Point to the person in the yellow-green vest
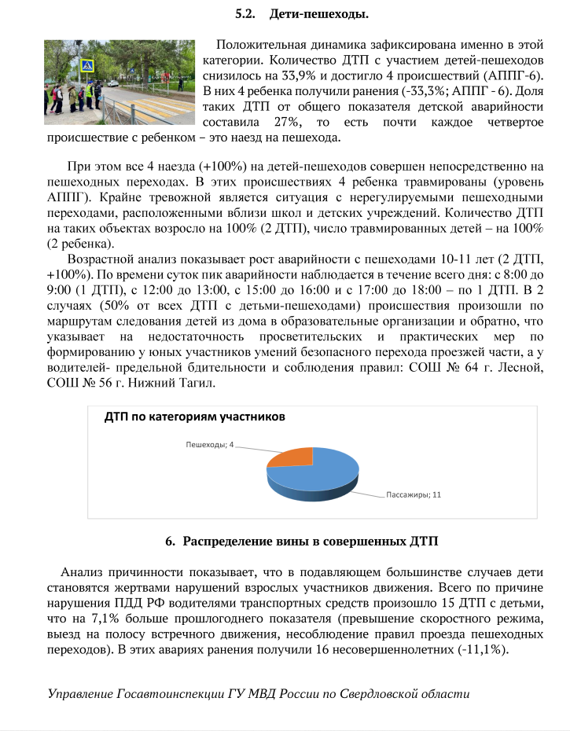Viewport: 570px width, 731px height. pyautogui.click(x=89, y=94)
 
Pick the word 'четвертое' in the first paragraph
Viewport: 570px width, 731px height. pyautogui.click(x=513, y=123)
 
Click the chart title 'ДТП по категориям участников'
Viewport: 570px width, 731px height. pyautogui.click(x=194, y=417)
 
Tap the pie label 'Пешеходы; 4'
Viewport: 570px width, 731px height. pyautogui.click(x=209, y=446)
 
